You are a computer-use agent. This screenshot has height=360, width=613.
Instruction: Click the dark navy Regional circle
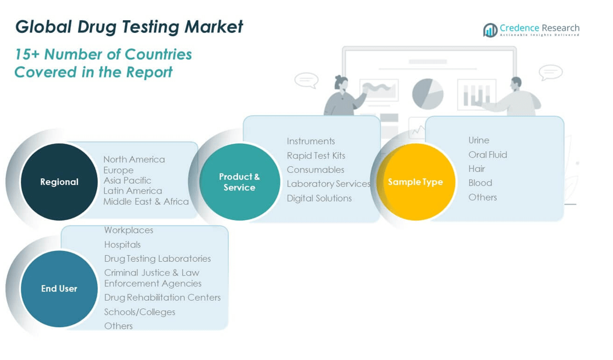[x=59, y=182]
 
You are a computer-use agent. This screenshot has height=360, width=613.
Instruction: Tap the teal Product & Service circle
[x=239, y=182]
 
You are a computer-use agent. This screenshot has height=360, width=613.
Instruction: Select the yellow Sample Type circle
[x=415, y=182]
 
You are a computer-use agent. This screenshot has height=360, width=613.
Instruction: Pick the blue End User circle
[x=59, y=289]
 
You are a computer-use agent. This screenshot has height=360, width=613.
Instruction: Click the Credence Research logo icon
[x=490, y=30]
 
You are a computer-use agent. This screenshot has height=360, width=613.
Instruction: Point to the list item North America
[x=134, y=159]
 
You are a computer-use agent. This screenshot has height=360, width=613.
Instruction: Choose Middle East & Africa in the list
[x=146, y=201]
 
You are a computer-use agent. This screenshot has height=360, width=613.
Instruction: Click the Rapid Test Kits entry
[x=316, y=155]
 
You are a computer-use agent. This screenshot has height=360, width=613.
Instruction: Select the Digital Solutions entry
[x=319, y=198]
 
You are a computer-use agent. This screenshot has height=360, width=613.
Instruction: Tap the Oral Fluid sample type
[x=488, y=155]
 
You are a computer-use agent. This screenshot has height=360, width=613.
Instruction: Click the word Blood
[x=480, y=183]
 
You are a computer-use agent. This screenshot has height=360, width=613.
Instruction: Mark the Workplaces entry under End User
[x=129, y=230]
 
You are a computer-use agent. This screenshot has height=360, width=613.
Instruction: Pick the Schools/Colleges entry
[x=140, y=312]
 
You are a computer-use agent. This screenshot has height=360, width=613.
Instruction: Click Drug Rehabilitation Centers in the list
[x=162, y=297]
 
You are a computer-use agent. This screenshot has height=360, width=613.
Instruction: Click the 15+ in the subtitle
[x=26, y=54]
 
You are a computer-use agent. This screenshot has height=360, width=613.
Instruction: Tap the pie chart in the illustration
[x=428, y=93]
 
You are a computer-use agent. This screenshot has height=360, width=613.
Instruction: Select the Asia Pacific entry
[x=127, y=180]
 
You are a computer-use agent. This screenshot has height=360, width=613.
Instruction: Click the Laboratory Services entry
[x=329, y=184]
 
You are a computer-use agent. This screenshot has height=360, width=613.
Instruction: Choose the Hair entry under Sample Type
[x=477, y=168]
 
